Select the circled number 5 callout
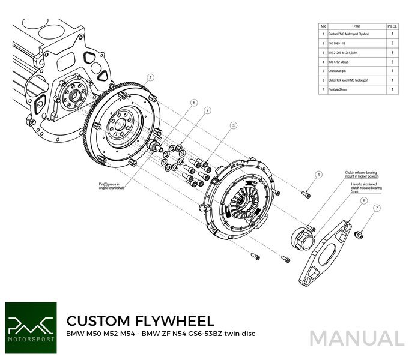coord(193,103)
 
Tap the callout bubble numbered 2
coord(207,110)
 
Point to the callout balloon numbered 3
coord(232,125)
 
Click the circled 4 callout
coord(318,175)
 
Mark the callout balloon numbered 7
coord(377,208)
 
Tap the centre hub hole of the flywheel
coord(117,125)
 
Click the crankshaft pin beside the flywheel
coord(158,145)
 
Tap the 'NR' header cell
coord(323,26)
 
